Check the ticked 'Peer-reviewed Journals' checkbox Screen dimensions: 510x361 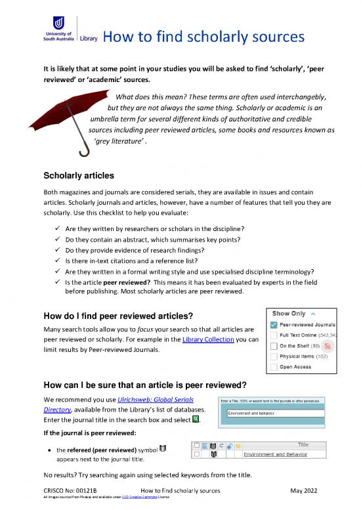(272, 325)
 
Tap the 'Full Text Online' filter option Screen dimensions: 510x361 (305, 336)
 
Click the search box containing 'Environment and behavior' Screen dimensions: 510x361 (276, 413)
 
